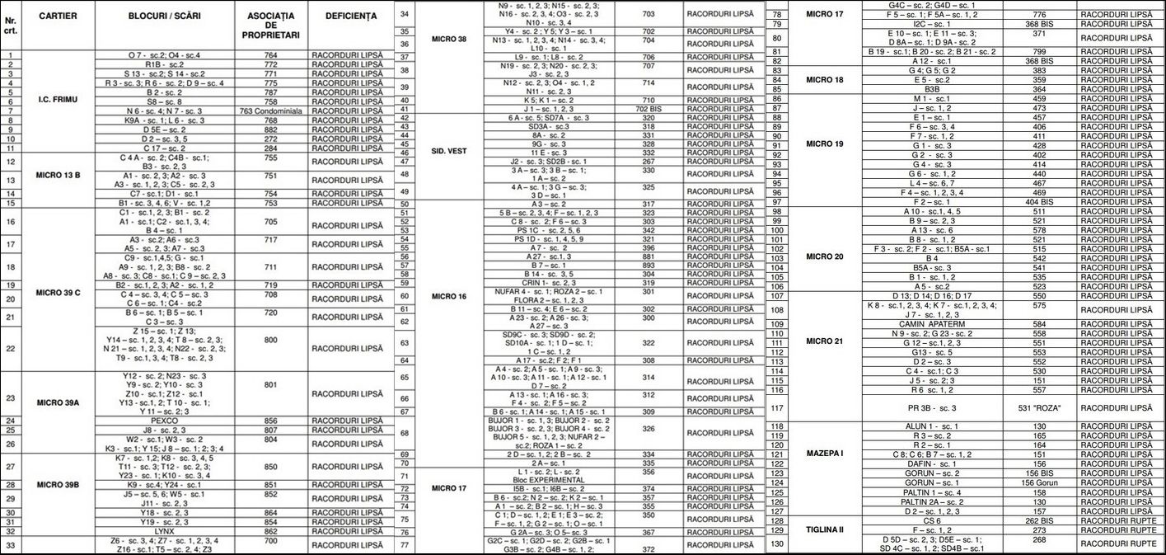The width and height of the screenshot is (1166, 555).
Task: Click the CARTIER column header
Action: [x=58, y=16]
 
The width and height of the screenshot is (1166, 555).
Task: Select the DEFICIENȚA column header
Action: [x=351, y=16]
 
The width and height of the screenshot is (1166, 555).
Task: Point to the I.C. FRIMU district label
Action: [x=58, y=99]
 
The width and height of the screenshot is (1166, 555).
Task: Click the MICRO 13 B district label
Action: [x=58, y=175]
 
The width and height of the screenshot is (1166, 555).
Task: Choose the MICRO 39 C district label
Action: [x=58, y=291]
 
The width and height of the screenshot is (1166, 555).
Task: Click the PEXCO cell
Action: [x=165, y=421]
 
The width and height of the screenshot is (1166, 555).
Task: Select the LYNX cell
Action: [x=165, y=532]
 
